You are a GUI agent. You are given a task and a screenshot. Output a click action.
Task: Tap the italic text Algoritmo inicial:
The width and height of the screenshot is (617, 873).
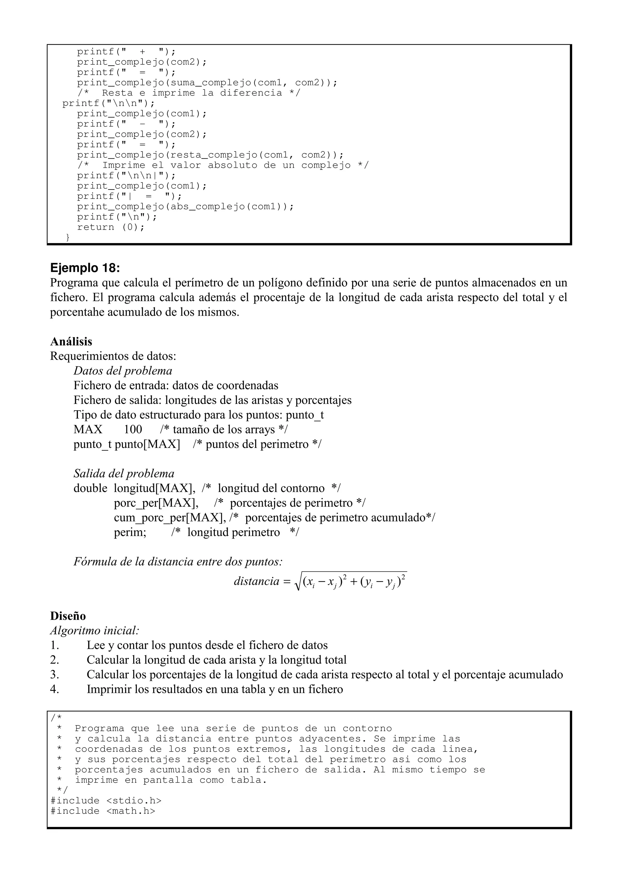(x=95, y=630)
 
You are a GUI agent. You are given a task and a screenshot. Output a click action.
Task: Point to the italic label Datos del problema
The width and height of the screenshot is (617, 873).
(x=123, y=371)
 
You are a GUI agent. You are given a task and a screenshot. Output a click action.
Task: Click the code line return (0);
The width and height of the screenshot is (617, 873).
(x=111, y=227)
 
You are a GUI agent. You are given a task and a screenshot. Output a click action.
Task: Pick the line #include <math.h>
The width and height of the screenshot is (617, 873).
(x=103, y=811)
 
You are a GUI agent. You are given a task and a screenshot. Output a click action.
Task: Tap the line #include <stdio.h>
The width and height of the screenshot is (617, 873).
(x=106, y=800)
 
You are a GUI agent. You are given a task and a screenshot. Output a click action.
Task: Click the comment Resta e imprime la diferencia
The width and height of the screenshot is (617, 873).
(x=192, y=93)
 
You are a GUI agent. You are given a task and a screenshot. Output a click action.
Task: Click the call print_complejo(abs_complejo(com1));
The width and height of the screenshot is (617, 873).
(x=186, y=206)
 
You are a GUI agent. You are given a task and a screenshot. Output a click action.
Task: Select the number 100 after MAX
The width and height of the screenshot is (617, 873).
(x=133, y=429)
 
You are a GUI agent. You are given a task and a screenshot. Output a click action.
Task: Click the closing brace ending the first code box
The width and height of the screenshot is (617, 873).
(x=68, y=238)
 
